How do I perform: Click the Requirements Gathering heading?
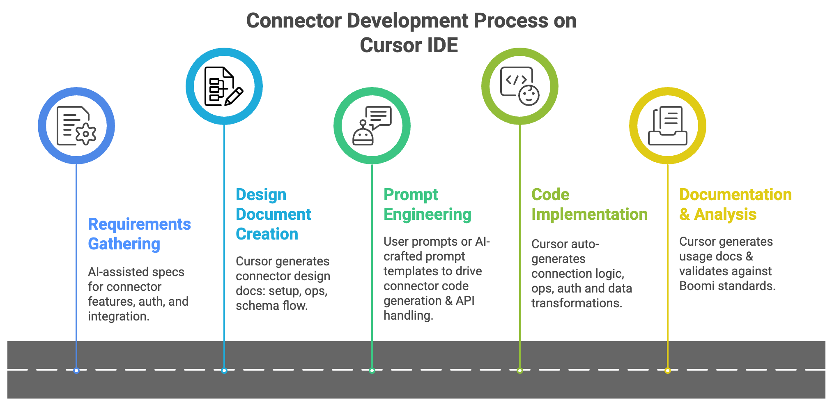pyautogui.click(x=139, y=234)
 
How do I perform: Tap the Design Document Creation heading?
pyautogui.click(x=273, y=214)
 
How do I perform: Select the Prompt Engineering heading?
pyautogui.click(x=427, y=204)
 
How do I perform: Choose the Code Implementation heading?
pyautogui.click(x=589, y=204)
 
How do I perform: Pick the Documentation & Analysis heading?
pyautogui.click(x=735, y=204)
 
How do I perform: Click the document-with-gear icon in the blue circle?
pyautogui.click(x=76, y=126)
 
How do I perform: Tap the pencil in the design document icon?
pyautogui.click(x=234, y=96)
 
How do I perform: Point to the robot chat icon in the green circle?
pyautogui.click(x=372, y=126)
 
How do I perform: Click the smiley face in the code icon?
pyautogui.click(x=529, y=95)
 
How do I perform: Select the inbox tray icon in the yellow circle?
pyautogui.click(x=667, y=126)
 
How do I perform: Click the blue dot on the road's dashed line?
pyautogui.click(x=76, y=371)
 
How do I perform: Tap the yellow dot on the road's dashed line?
pyautogui.click(x=668, y=371)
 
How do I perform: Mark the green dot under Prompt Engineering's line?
pyautogui.click(x=372, y=371)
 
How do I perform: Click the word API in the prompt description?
pyautogui.click(x=465, y=301)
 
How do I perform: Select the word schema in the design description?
pyautogui.click(x=252, y=306)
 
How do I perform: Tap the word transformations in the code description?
pyautogui.click(x=577, y=303)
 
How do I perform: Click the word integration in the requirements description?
pyautogui.click(x=118, y=316)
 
